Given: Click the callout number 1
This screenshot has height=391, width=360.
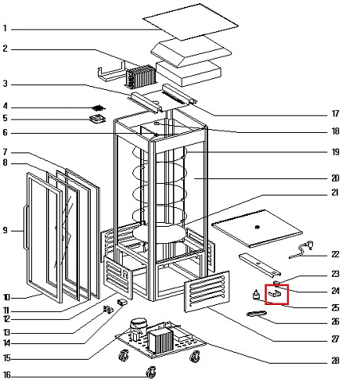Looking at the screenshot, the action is [x=5, y=28].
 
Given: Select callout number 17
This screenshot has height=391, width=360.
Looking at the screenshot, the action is [x=335, y=113].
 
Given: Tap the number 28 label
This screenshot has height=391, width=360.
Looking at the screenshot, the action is [x=335, y=361].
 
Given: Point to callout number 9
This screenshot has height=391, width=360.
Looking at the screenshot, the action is [x=5, y=231].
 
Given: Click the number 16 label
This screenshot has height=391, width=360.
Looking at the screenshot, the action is [x=7, y=375].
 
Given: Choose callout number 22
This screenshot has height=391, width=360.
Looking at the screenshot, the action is [x=335, y=254].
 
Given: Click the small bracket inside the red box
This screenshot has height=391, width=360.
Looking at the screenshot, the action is [x=275, y=293].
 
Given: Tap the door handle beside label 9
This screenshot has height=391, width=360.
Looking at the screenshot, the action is [x=25, y=227].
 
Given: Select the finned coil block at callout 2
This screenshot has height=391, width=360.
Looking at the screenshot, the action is [x=140, y=76].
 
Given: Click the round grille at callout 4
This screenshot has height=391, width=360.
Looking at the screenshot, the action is [x=99, y=108].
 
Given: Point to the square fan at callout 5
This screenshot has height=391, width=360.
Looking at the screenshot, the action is [x=97, y=119].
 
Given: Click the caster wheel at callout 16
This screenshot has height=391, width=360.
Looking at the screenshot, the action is [x=151, y=372].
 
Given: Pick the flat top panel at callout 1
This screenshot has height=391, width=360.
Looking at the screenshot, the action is [x=190, y=22].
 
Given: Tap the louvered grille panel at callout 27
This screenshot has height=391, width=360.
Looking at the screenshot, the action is [x=207, y=292].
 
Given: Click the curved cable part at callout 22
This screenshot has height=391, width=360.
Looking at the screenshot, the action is [x=302, y=249].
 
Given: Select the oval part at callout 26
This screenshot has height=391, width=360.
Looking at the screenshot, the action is [x=257, y=314].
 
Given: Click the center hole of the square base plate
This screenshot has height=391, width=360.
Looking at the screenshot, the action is [x=257, y=227].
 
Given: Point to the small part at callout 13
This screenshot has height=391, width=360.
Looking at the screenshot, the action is [x=109, y=310].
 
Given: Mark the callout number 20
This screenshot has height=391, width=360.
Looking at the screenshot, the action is [x=335, y=178].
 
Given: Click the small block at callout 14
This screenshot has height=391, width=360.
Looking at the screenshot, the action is [x=122, y=303].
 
